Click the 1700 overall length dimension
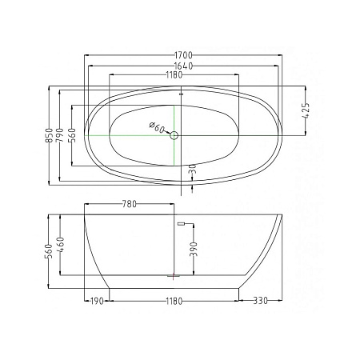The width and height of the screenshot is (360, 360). [183, 55]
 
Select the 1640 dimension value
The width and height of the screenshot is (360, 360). [183, 66]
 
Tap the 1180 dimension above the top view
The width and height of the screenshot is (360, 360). [174, 75]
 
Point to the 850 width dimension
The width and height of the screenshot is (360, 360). [49, 135]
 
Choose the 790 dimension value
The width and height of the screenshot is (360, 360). [59, 135]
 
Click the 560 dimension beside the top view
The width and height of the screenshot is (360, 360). [72, 135]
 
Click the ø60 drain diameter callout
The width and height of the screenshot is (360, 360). [157, 128]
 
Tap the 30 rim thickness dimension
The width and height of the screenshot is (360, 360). [194, 169]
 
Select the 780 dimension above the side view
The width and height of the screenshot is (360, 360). [130, 204]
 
